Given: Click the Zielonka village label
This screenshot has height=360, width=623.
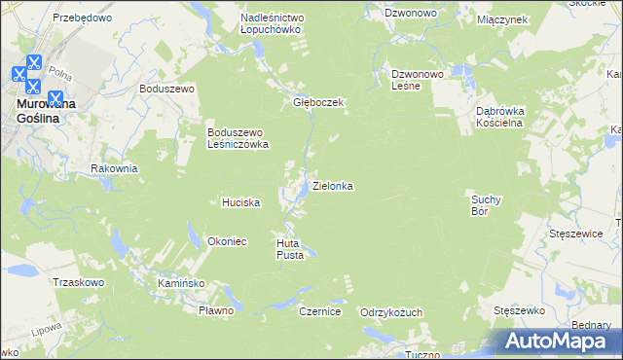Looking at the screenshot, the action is point(332,185).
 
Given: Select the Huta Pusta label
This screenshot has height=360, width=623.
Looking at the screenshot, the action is point(290,249).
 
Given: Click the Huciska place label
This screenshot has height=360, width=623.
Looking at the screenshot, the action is point(240,202).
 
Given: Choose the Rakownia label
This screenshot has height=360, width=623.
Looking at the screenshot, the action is point(114,168).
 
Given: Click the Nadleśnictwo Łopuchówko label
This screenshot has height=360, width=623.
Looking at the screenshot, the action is point(273,23).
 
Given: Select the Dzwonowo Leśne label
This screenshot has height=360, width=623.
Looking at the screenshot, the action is point(418,79).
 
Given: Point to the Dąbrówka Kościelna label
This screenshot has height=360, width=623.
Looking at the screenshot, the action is point(500,117).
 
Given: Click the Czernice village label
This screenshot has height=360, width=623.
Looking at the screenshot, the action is point(318,311).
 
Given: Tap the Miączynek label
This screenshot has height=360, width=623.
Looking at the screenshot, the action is point(502,18).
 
